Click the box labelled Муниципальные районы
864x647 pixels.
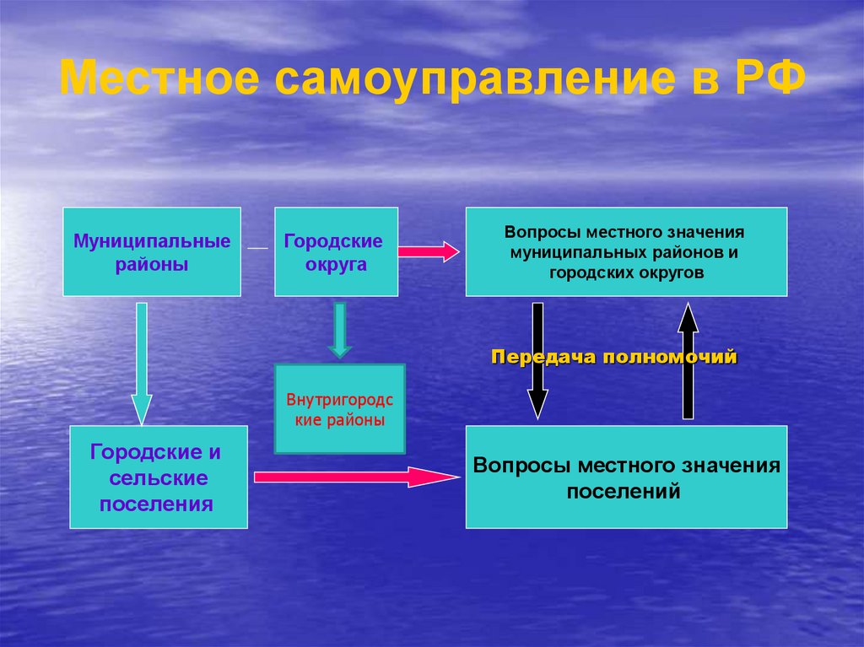point(152,251)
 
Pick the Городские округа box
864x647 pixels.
point(336,251)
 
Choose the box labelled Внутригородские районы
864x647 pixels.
point(340,409)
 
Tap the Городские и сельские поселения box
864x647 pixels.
point(158,477)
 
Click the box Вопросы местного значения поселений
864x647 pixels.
point(626,477)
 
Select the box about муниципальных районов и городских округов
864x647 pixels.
point(626,251)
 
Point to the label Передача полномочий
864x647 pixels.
point(614,357)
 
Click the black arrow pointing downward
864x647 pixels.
point(537,361)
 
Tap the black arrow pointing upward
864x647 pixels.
point(688,361)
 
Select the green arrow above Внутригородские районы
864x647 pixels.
point(339,329)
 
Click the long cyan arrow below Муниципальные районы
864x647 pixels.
point(141,363)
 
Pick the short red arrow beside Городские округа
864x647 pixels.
point(429,251)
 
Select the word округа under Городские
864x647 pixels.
point(336,264)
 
